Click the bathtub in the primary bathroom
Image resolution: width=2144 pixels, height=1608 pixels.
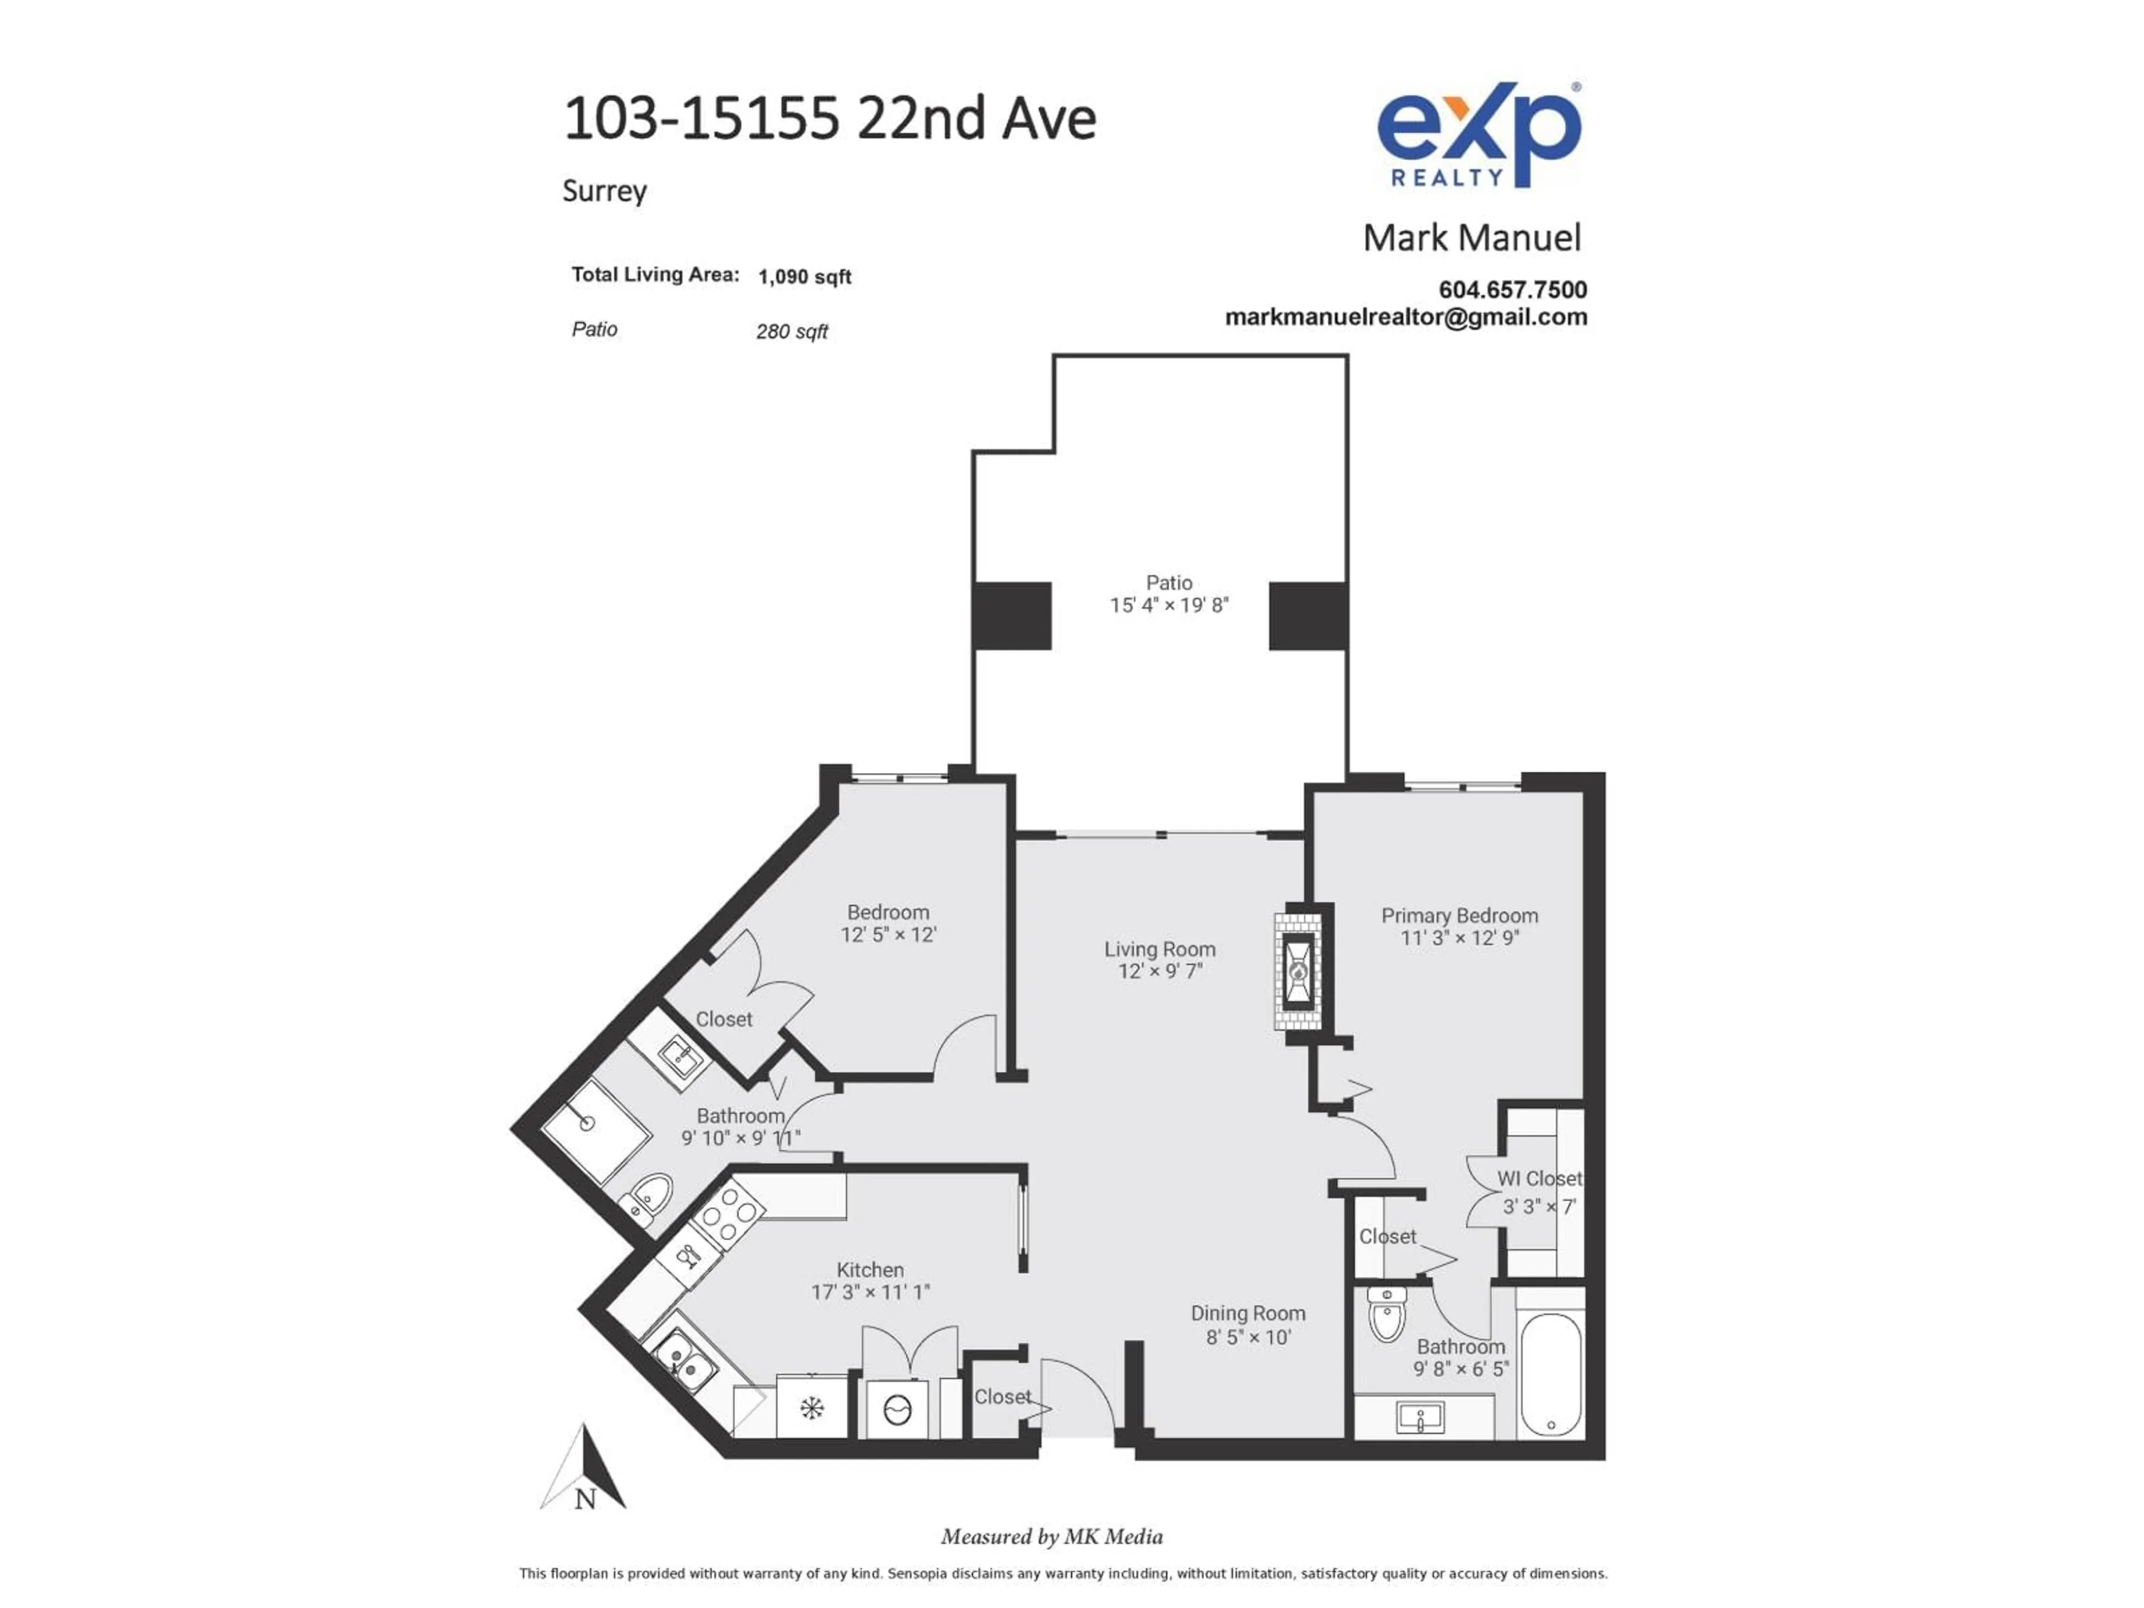coord(1551,1375)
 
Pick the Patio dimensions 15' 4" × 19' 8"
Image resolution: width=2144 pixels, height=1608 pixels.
coord(1169,605)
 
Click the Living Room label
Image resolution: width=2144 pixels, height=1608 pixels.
coord(1160,949)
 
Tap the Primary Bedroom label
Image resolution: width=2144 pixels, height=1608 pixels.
coord(1459,915)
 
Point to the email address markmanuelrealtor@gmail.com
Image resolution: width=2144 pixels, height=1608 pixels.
coord(1406,317)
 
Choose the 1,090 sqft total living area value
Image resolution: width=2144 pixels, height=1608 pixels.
coord(805,276)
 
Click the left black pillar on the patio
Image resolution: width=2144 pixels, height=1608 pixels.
coord(1012,615)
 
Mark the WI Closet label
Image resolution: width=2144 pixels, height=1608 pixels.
coord(1539,1179)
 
